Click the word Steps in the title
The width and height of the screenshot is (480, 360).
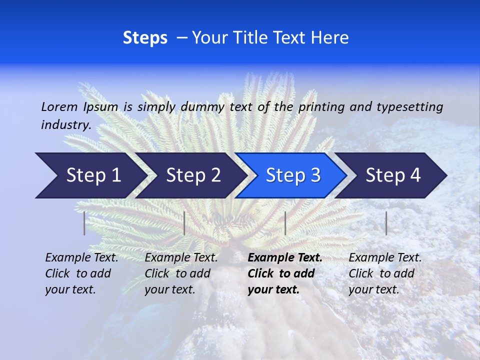145,38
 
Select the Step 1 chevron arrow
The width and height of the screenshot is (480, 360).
90,175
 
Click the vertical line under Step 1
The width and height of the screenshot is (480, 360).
84,223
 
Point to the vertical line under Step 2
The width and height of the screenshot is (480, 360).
184,223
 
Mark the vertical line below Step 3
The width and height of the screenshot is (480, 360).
285,223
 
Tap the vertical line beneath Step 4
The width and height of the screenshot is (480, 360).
386,223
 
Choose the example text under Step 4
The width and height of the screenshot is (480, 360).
385,273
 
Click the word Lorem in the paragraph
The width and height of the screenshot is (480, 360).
59,106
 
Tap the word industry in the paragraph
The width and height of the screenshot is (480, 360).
66,125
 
